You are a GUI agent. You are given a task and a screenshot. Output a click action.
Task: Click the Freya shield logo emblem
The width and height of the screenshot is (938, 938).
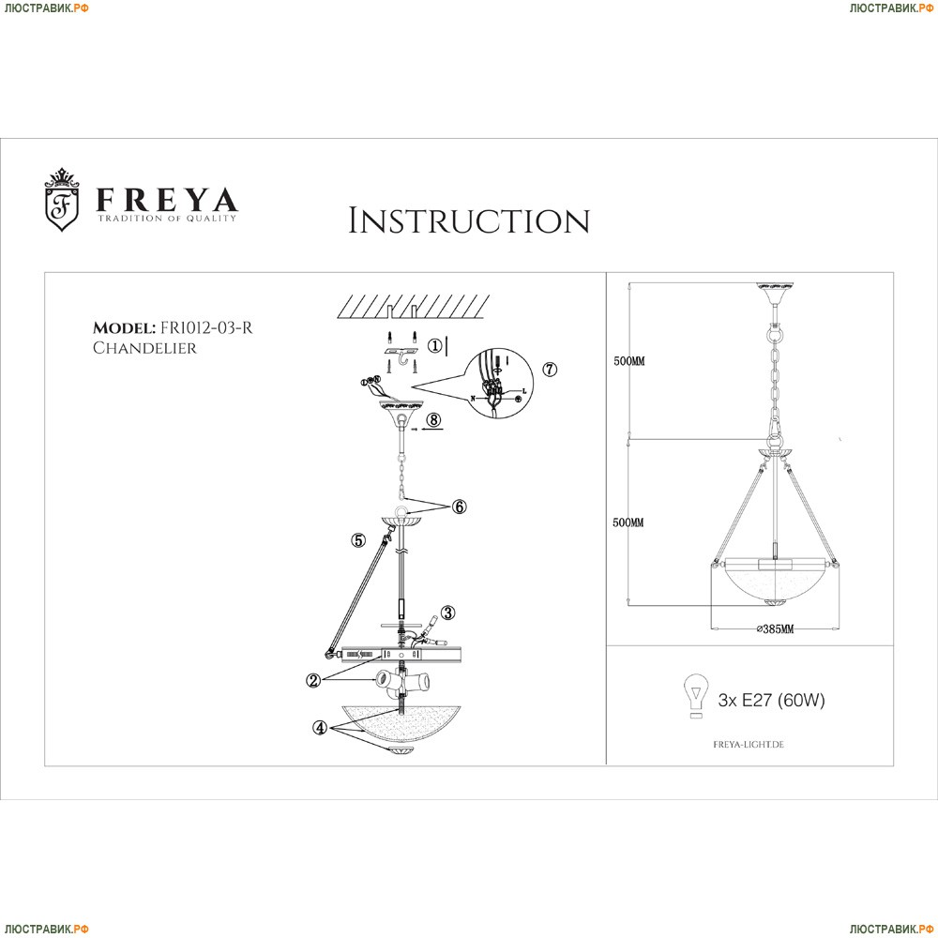coord(63,199)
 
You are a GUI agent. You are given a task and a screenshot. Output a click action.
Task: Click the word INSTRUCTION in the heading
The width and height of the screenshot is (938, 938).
coord(469,221)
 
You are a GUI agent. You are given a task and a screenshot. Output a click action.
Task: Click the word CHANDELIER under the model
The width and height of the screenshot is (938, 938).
coord(144,348)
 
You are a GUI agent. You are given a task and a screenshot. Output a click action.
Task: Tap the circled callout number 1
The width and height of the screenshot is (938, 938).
coord(434,345)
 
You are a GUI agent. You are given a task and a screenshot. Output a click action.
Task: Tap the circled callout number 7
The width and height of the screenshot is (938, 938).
coord(550,370)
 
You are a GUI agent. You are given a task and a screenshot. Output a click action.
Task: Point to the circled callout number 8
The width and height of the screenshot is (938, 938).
coord(432,420)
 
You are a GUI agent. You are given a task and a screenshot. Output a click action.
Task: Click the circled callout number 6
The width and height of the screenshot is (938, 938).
coord(459,507)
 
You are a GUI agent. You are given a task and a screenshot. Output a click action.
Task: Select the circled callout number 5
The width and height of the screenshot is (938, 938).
coord(358,539)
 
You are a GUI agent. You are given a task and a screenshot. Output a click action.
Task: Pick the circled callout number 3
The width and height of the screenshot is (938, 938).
coord(448,613)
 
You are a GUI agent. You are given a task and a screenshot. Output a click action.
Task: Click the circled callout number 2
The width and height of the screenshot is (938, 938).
coord(314,680)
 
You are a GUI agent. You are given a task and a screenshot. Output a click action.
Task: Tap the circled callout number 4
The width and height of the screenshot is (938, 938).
coord(321,727)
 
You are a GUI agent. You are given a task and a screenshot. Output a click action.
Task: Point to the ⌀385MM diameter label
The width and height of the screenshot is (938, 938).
coord(775,629)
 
